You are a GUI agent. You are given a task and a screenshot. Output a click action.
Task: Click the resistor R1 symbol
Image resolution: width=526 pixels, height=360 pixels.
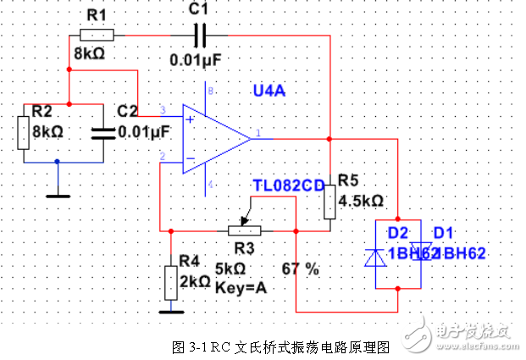(x=97, y=35)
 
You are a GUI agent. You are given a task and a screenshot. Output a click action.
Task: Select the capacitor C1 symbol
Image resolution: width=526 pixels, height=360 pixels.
(x=200, y=35)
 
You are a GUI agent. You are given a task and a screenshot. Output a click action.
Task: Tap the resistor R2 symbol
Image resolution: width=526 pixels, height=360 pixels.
(x=25, y=132)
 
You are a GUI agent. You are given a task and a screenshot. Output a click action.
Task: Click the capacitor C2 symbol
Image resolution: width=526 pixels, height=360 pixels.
(x=103, y=131)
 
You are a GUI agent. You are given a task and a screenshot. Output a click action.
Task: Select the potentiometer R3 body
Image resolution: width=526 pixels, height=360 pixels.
(x=242, y=230)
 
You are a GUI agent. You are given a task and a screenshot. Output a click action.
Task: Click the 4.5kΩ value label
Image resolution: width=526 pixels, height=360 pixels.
(x=361, y=202)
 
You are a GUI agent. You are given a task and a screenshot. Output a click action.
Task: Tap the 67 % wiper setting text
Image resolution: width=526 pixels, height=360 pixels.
(x=301, y=269)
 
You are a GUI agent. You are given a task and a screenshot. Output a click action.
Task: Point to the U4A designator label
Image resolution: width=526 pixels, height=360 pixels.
(x=270, y=91)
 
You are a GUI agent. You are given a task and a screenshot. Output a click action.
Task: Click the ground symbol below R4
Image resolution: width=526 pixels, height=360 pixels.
(x=170, y=309)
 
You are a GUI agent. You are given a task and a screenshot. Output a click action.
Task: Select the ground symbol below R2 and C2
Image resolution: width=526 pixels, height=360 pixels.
(x=58, y=193)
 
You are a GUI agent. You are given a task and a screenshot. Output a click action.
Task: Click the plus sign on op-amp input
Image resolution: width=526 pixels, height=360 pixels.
(x=190, y=119)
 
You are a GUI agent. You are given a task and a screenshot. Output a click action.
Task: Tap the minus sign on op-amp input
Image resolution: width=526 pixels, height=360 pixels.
(x=190, y=158)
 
